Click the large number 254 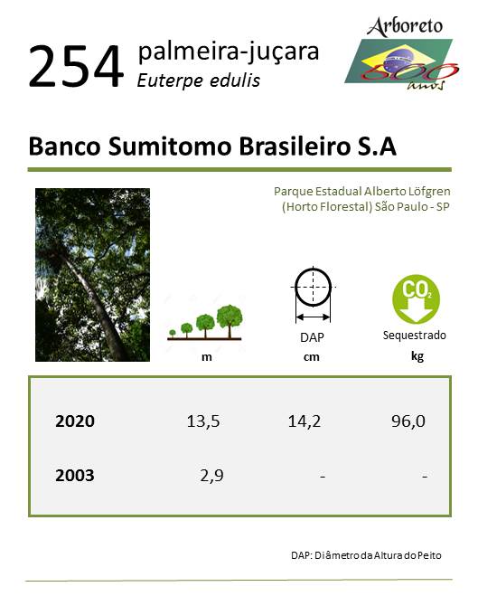[x=76, y=66]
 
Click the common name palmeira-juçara [x=229, y=52]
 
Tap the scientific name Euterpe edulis [x=199, y=80]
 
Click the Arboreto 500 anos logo [x=402, y=53]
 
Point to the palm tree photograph [x=92, y=275]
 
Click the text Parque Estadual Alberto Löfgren [x=362, y=192]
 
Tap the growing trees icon [x=204, y=323]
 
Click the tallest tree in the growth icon [x=230, y=321]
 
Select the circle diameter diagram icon [x=313, y=295]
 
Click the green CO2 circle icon [x=416, y=298]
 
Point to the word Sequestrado [x=415, y=336]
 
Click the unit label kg [x=417, y=356]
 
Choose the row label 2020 [x=75, y=421]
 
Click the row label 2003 [x=75, y=476]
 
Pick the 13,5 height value [x=203, y=421]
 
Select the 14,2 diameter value [x=305, y=421]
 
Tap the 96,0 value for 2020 [x=408, y=421]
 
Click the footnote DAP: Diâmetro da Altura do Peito [x=366, y=555]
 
